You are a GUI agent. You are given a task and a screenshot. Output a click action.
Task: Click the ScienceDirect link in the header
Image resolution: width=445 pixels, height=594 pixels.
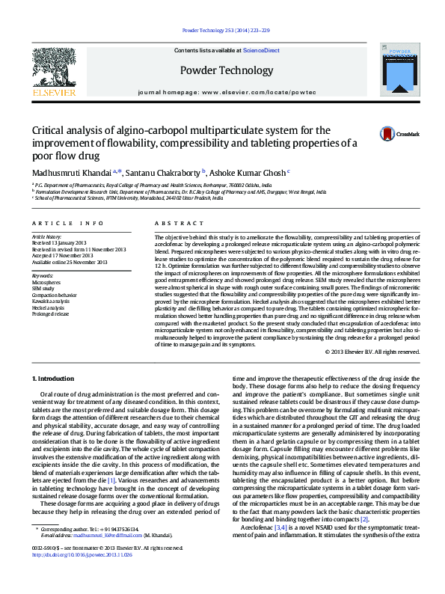tap(261, 50)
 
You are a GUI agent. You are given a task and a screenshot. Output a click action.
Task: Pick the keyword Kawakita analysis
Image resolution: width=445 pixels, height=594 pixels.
tap(52, 301)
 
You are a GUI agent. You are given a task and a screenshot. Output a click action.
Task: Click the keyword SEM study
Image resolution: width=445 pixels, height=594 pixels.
tap(44, 287)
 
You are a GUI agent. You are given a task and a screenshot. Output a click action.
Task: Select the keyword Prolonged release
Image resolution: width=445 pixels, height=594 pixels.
tap(52, 314)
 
